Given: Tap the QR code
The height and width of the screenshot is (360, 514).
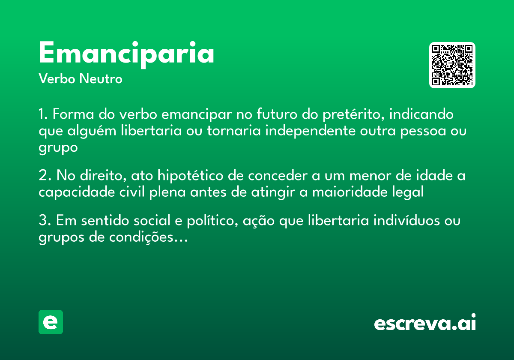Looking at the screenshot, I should point(452,65).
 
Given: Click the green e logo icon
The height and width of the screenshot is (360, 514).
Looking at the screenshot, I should point(51,322).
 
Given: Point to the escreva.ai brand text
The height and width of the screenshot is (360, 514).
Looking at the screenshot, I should point(425,323).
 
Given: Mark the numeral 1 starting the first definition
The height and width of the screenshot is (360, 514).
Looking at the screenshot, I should point(42,115).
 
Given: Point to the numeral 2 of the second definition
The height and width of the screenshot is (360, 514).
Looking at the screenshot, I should point(43,176).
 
